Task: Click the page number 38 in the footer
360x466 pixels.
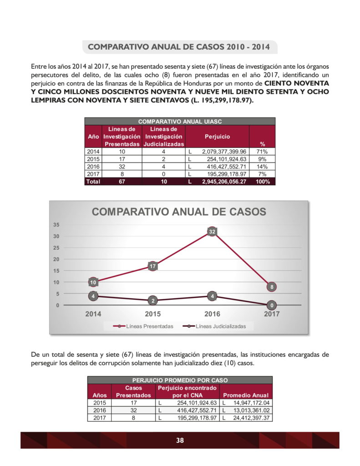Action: point(180,440)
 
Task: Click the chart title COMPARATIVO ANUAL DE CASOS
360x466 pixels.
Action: point(179,212)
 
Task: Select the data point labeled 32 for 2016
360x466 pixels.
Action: point(212,232)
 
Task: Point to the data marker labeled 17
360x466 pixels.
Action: point(153,266)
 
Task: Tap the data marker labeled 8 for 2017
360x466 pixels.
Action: point(272,287)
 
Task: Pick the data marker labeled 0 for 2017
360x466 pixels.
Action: point(272,305)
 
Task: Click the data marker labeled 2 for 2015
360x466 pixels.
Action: point(153,301)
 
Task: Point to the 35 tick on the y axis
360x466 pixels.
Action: point(56,225)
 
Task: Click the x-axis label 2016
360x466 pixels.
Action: point(212,314)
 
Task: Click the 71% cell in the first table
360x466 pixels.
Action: point(262,152)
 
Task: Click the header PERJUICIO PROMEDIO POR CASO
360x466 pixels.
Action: point(180,380)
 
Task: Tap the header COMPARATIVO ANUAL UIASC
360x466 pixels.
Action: point(180,122)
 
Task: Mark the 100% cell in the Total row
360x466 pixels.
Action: point(262,181)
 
